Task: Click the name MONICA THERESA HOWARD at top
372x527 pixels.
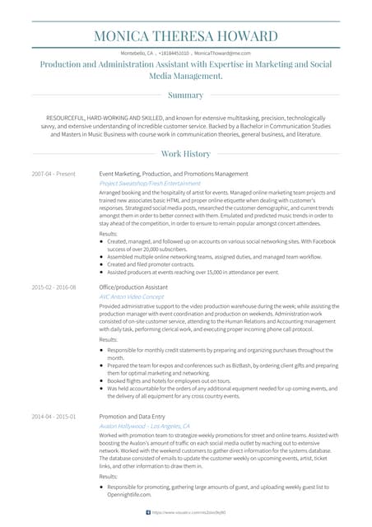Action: [x=185, y=36]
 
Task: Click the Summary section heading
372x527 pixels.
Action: [x=185, y=95]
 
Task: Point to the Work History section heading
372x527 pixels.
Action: [x=185, y=154]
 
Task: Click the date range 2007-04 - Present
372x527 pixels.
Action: [x=53, y=175]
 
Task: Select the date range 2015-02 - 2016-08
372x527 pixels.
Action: [x=53, y=287]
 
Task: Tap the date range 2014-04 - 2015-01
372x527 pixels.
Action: [x=53, y=417]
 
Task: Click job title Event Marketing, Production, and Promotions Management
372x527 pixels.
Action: [x=173, y=175]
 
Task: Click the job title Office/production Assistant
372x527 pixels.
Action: [x=134, y=287]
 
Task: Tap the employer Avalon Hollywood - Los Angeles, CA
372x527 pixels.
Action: [x=146, y=425]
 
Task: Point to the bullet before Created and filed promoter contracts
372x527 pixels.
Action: [x=101, y=263]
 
